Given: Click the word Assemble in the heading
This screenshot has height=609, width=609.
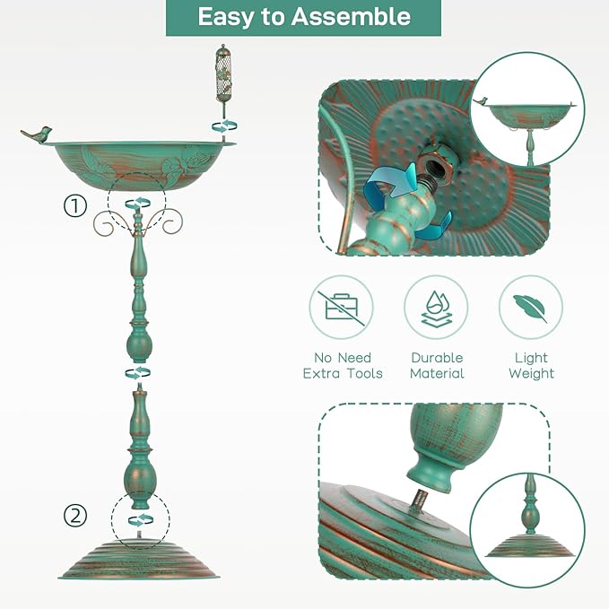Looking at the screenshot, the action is click(351, 17).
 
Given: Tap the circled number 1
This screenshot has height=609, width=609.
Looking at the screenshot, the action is click(75, 206).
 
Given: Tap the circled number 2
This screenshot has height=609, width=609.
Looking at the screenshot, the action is click(75, 517).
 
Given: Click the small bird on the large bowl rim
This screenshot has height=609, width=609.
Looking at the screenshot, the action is click(37, 135).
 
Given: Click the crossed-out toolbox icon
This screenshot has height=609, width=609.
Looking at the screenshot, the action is click(342, 308).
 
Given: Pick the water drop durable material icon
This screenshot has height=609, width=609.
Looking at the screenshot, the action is click(436, 309).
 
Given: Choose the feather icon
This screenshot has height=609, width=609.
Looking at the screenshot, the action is click(530, 308).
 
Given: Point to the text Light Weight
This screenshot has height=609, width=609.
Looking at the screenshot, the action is click(531, 365).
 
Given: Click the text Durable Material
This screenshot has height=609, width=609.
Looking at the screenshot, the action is click(437, 365).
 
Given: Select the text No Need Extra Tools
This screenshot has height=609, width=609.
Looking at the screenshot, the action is click(343, 365).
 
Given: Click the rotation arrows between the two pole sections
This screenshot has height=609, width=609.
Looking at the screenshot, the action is click(138, 373).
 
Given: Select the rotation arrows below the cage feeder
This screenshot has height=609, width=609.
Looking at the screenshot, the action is click(224, 126).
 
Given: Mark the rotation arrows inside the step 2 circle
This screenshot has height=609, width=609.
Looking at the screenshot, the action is click(141, 519).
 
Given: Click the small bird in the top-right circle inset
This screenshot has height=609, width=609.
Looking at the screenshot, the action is click(480, 101).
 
